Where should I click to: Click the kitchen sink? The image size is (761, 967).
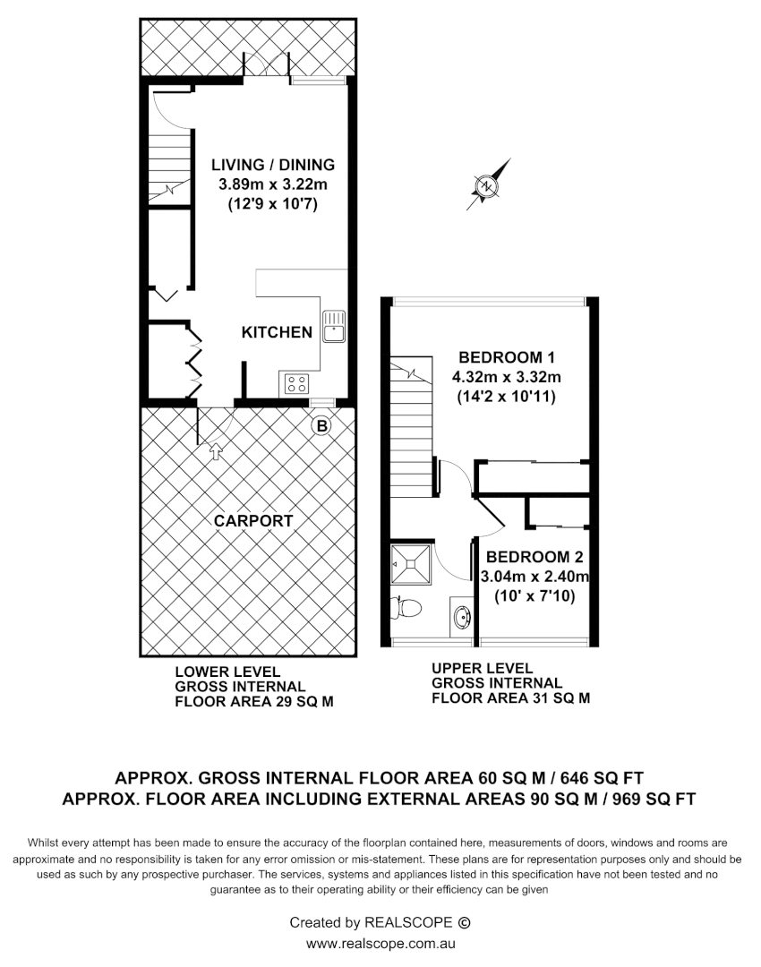pyautogui.click(x=334, y=327)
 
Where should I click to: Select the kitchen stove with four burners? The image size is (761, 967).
pyautogui.click(x=295, y=384)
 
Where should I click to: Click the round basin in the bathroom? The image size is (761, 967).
pyautogui.click(x=462, y=617)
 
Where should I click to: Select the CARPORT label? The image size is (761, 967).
pyautogui.click(x=252, y=520)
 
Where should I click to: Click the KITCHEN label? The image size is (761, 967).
pyautogui.click(x=277, y=332)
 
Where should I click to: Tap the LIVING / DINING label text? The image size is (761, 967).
pyautogui.click(x=272, y=165)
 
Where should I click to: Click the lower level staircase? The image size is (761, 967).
pyautogui.click(x=169, y=166)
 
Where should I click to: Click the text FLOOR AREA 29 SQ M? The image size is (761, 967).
pyautogui.click(x=254, y=703)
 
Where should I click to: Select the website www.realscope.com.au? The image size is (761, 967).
pyautogui.click(x=380, y=944)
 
